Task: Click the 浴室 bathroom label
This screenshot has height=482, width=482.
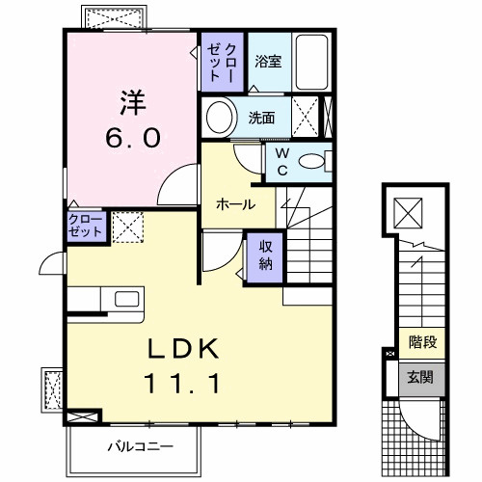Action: click(x=268, y=61)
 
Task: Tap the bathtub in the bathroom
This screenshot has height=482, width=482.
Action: click(x=313, y=62)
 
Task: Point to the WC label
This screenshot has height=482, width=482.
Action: click(x=281, y=160)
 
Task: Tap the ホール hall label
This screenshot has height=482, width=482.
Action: click(x=235, y=204)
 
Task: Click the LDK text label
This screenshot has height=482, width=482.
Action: click(x=184, y=348)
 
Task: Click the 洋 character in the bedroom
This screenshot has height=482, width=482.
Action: click(x=132, y=101)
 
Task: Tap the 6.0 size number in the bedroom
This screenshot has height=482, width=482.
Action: click(x=132, y=137)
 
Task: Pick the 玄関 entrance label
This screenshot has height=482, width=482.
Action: click(x=420, y=377)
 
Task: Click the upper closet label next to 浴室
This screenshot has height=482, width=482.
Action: click(x=223, y=62)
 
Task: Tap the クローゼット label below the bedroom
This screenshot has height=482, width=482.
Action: click(x=85, y=228)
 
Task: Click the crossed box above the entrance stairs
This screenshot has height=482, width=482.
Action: click(x=409, y=209)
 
